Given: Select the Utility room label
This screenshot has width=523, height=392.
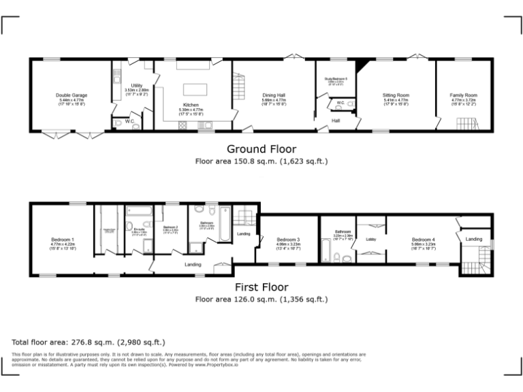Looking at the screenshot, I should click(136, 86).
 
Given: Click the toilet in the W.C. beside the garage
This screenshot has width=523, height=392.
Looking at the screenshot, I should click(118, 122).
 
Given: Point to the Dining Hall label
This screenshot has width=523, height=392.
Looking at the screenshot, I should click(274, 95).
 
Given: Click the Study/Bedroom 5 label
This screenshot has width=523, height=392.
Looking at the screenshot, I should click(336, 79).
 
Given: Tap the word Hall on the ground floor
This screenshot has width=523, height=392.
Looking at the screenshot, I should click(336, 120).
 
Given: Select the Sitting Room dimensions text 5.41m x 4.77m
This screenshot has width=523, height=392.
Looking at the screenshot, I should click(395, 100).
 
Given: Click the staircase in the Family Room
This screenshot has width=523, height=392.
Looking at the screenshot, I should click(466, 124).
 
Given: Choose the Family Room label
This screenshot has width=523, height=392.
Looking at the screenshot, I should click(464, 95).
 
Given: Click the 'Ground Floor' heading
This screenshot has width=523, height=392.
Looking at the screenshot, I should click(261, 149).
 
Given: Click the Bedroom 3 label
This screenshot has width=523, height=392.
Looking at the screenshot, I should click(289, 240).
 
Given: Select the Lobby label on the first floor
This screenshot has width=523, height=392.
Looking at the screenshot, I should click(371, 240).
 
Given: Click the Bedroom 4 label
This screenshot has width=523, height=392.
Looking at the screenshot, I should click(423, 240).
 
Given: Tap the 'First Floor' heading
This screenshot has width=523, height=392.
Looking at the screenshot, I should click(261, 287).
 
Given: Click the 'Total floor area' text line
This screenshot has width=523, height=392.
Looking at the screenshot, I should click(89, 342).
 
